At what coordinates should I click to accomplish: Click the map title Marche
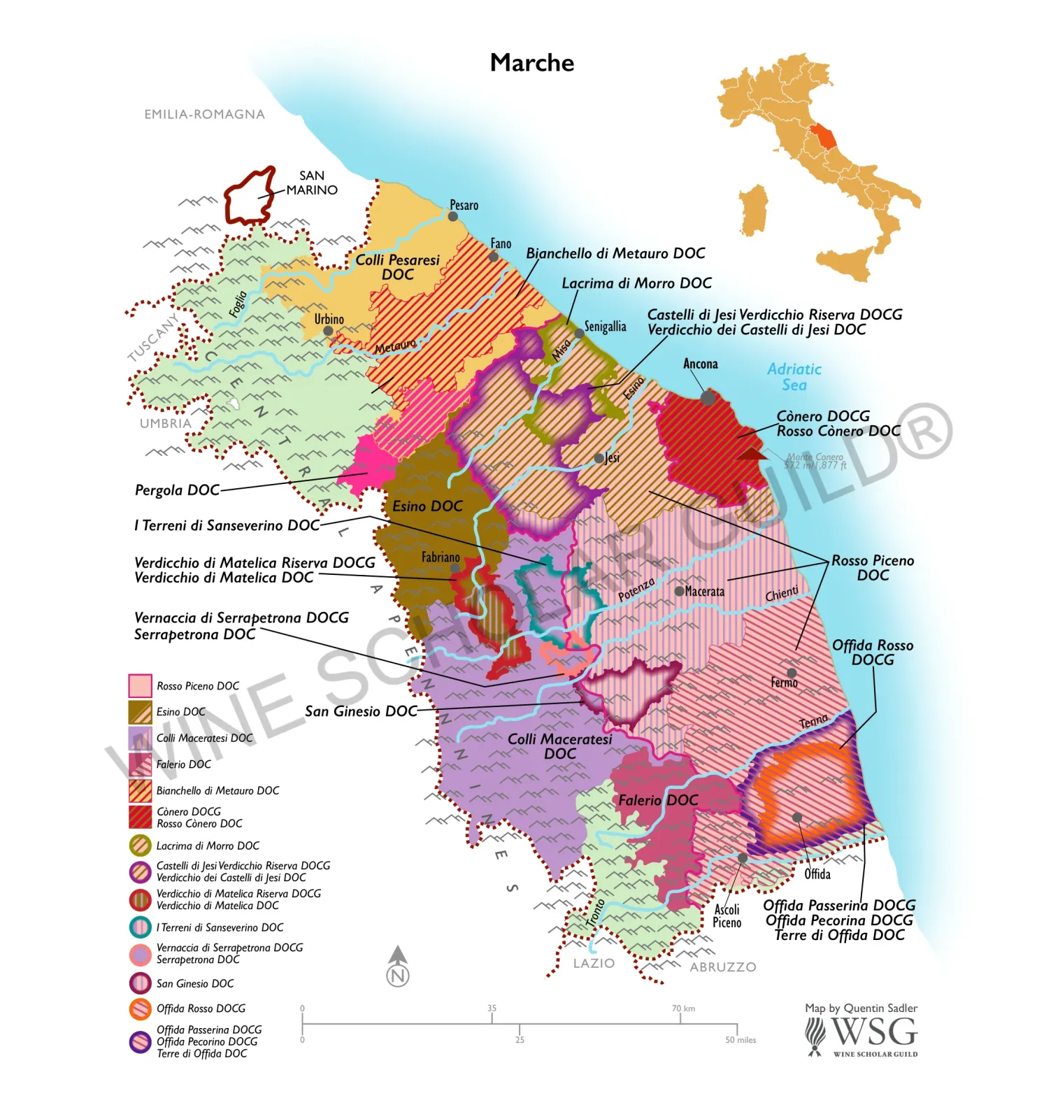coord(531,63)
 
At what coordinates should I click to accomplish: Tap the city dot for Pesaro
coord(453,216)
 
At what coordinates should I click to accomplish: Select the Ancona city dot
coord(708,398)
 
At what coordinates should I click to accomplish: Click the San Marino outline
coord(248,196)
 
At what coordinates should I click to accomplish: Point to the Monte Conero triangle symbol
coord(752,454)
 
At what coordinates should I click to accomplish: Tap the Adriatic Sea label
coord(794,377)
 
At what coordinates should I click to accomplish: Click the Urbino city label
coord(329,319)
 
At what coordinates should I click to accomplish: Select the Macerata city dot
coord(679,591)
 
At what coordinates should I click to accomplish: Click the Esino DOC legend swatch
coord(140,712)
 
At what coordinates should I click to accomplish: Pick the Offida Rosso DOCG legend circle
coord(140,1008)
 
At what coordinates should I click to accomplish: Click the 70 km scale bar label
coord(683,1008)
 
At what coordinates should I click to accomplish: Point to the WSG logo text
coord(874,1032)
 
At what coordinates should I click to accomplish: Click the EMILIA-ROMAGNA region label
coord(204,114)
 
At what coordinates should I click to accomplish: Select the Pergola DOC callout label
coord(177,490)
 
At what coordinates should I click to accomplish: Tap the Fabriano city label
coord(441,557)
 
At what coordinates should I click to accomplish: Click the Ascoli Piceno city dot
coord(743,857)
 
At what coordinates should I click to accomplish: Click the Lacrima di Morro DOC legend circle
coord(140,846)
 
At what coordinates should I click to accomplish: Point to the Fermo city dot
coord(792,672)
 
